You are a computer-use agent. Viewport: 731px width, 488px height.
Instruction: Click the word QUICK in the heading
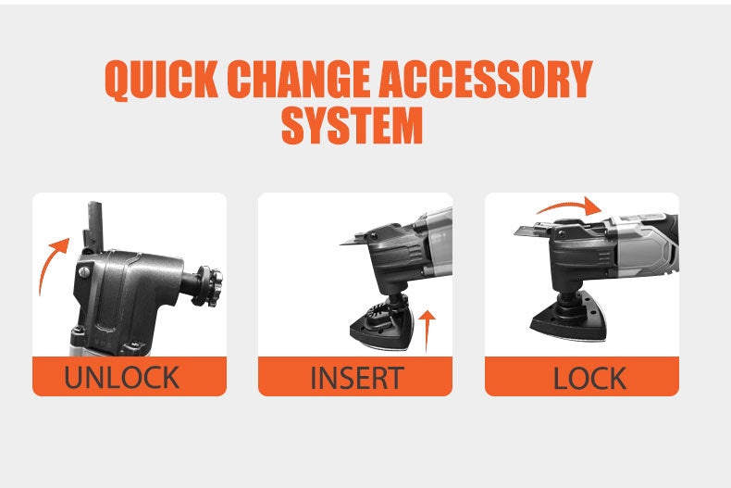click(161, 81)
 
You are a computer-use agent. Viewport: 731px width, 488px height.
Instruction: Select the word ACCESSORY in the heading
click(486, 79)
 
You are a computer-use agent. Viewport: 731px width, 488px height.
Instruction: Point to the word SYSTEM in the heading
click(352, 125)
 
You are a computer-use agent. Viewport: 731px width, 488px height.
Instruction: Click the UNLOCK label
click(121, 378)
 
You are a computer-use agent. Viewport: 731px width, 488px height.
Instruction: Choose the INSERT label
click(357, 378)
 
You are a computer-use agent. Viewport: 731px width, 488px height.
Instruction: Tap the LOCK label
click(589, 378)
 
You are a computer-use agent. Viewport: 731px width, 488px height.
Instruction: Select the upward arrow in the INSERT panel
click(427, 332)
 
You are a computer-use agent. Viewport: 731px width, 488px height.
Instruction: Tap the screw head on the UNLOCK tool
click(84, 271)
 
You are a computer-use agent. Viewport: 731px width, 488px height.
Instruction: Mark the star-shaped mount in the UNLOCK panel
click(208, 286)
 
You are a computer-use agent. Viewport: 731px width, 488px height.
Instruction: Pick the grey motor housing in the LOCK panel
click(645, 247)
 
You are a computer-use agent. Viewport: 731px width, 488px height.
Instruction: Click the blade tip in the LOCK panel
click(516, 231)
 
